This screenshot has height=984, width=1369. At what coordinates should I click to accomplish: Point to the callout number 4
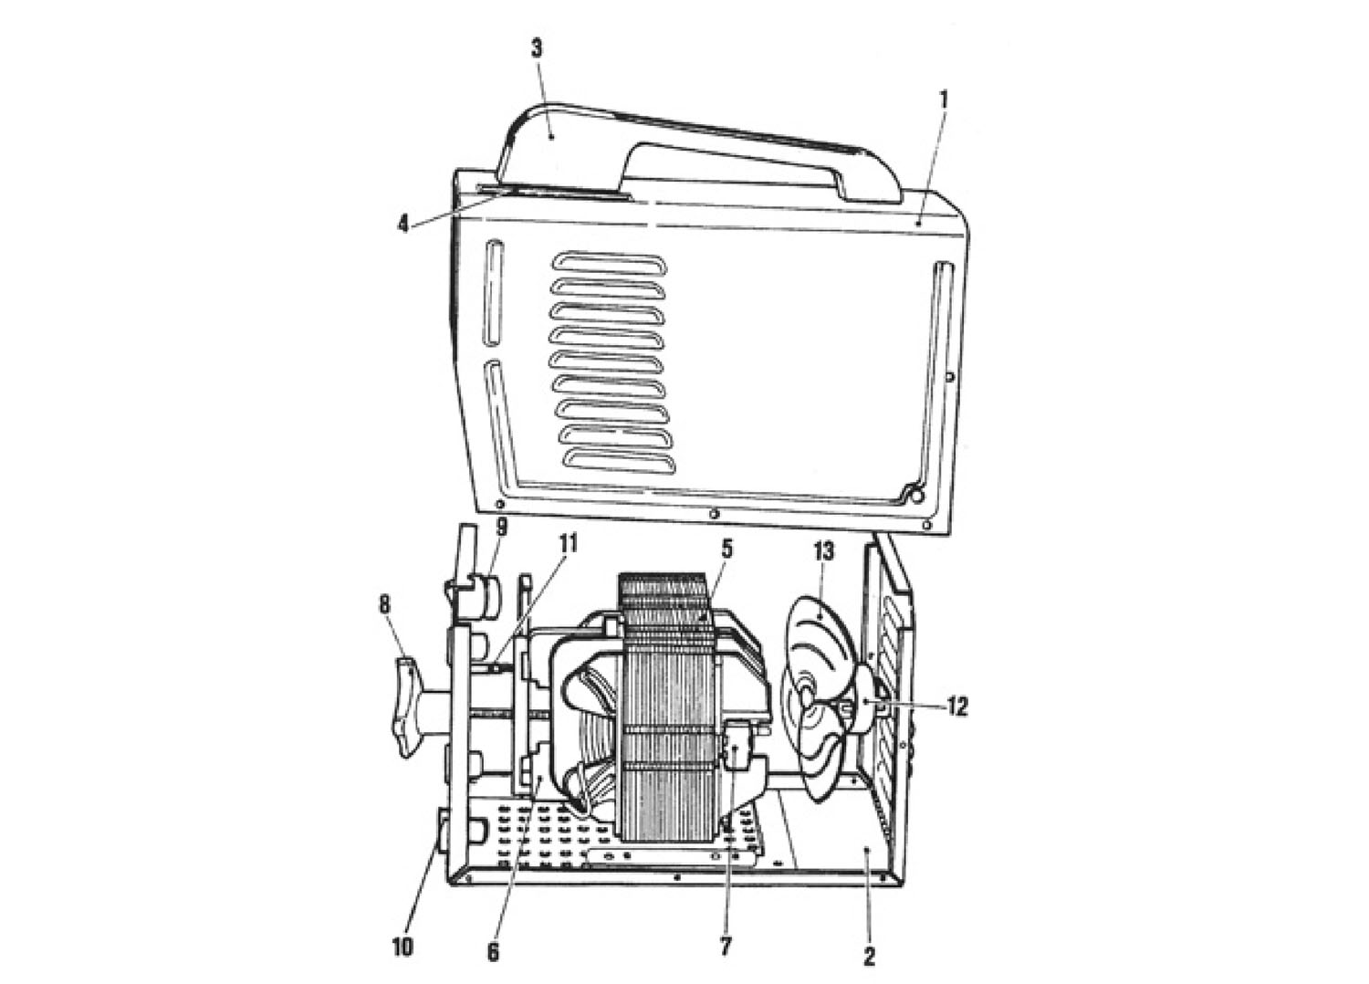point(402,224)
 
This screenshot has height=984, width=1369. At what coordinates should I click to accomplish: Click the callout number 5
point(726,550)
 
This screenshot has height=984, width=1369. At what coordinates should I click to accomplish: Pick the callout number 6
point(494,952)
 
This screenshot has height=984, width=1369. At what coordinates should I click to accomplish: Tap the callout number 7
point(726,946)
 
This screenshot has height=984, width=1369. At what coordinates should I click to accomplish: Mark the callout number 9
point(502,525)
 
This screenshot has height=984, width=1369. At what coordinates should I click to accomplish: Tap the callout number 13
point(823,550)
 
